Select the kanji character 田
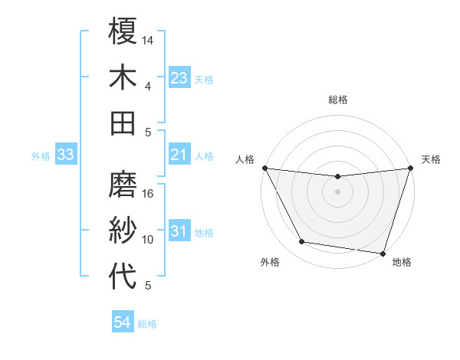coord(123,123)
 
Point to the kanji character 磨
coord(123,185)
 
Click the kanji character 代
coord(123,277)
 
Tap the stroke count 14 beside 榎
coord(149,40)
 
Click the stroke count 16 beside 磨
coord(149,194)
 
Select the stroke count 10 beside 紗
coord(149,240)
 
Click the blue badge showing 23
coord(179,78)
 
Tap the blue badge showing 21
coord(179,155)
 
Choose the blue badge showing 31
coord(179,232)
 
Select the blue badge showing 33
coord(66,155)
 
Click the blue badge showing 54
coord(122,323)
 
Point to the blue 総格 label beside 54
coord(147,324)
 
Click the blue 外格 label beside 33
coord(41,156)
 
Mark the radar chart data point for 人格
coord(264,168)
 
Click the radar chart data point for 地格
coord(383,253)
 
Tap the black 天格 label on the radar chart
coord(432,159)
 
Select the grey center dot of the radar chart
coord(337,191)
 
